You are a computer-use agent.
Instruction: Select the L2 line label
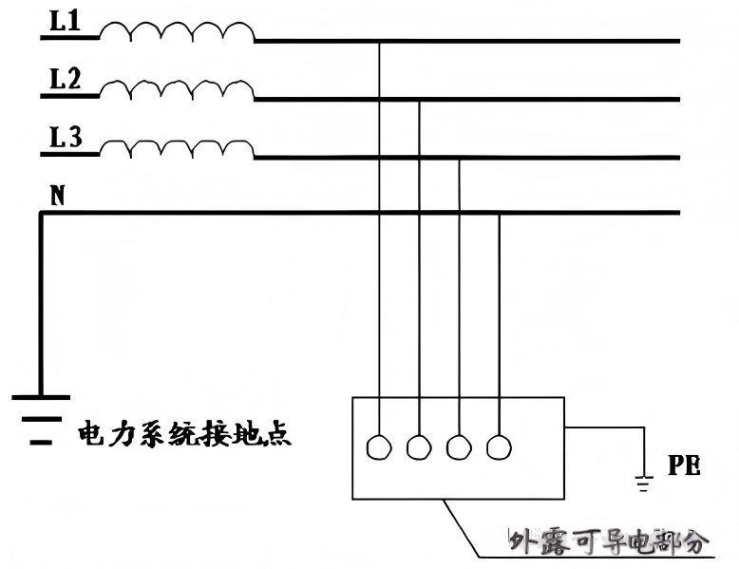pyautogui.click(x=65, y=81)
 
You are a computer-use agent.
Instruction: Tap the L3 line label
pyautogui.click(x=65, y=140)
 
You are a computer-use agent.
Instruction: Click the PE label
pyautogui.click(x=684, y=466)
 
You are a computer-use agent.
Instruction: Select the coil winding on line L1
pyautogui.click(x=177, y=34)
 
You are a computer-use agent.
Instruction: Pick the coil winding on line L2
pyautogui.click(x=177, y=91)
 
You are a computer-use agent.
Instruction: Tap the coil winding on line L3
pyautogui.click(x=177, y=149)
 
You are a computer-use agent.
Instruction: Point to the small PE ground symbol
pyautogui.click(x=644, y=484)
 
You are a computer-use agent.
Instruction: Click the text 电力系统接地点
pyautogui.click(x=183, y=436)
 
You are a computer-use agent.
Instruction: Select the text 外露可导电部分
pyautogui.click(x=609, y=542)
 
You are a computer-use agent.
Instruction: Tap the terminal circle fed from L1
pyautogui.click(x=379, y=446)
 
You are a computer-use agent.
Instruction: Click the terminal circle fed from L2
pyautogui.click(x=419, y=446)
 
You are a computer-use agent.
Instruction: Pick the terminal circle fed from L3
pyautogui.click(x=459, y=446)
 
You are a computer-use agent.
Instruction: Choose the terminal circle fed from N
pyautogui.click(x=499, y=446)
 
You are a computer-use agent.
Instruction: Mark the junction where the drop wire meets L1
pyautogui.click(x=379, y=41)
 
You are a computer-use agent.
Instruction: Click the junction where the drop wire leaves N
pyautogui.click(x=500, y=214)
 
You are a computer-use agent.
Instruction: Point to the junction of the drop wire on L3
pyautogui.click(x=460, y=158)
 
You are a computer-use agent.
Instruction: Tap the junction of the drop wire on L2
pyautogui.click(x=419, y=100)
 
